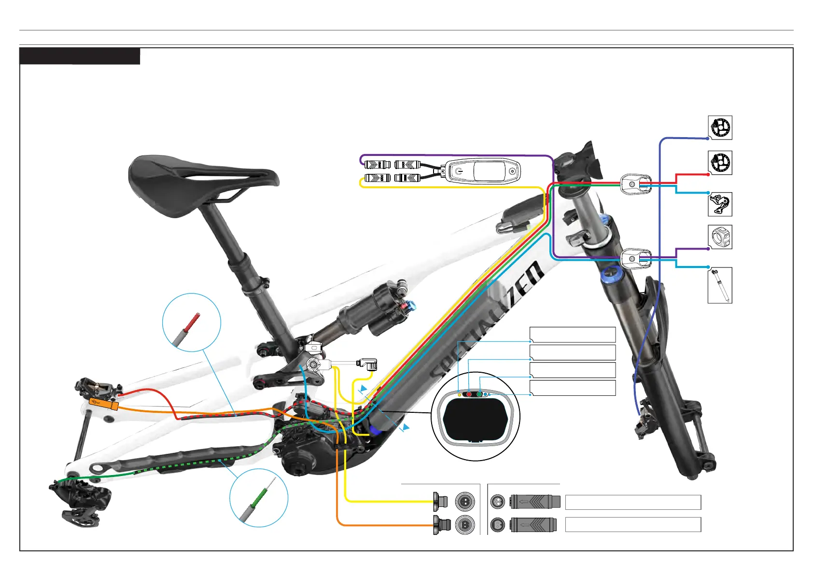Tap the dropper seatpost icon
pos(720,285)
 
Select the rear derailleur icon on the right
pos(720,204)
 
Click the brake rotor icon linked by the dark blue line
pos(720,128)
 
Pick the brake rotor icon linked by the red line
pos(720,163)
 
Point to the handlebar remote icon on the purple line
pos(720,237)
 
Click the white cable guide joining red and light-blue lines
pos(636,184)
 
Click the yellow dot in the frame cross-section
pos(459,395)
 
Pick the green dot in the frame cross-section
pos(479,394)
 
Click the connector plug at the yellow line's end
pos(441,502)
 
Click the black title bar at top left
pos(80,56)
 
